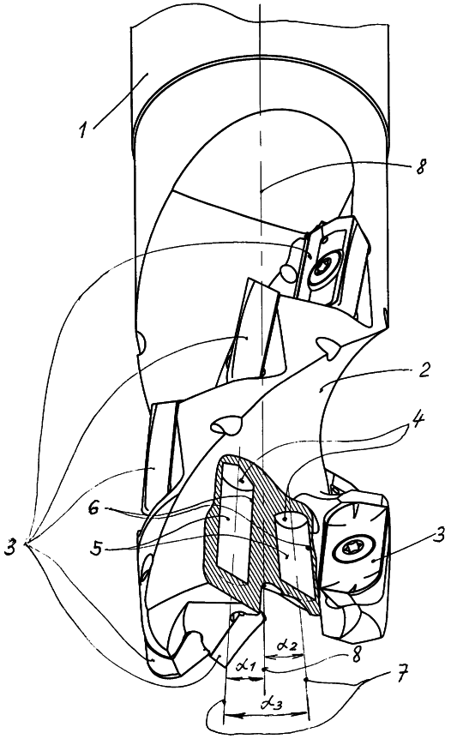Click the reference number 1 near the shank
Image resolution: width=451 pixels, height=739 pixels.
(84, 128)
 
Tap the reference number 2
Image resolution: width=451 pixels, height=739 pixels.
(424, 369)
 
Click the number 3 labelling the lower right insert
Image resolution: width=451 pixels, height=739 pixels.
(438, 535)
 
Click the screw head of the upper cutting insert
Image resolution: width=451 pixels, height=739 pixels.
(322, 267)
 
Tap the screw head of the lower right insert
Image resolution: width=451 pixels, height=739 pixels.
(353, 548)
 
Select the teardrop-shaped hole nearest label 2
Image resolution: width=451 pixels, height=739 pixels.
(327, 345)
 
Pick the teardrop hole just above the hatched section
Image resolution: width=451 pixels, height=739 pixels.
(225, 424)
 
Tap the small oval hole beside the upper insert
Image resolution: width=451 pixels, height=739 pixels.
(287, 272)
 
